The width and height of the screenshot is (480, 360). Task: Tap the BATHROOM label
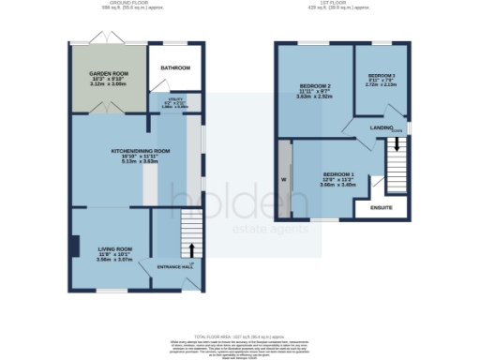click(175, 68)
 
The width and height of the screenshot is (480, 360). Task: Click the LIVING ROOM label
click(110, 248)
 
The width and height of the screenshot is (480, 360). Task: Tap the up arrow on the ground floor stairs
click(192, 249)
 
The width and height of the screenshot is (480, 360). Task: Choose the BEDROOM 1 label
click(338, 175)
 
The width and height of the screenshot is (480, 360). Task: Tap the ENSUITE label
click(382, 207)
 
